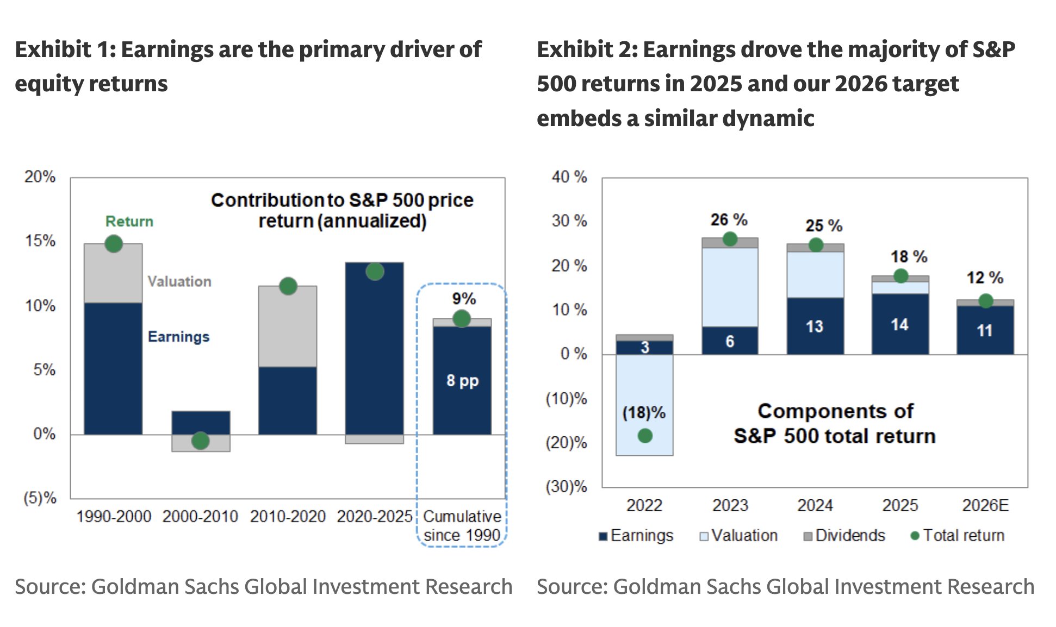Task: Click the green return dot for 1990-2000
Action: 113,243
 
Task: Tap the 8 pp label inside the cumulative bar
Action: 462,380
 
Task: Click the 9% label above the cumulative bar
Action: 464,298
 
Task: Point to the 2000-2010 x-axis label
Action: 200,516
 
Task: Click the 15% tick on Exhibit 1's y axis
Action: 40,241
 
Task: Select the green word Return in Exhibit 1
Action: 129,221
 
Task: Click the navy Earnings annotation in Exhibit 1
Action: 178,336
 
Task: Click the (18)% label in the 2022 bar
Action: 644,412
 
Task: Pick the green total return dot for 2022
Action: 645,435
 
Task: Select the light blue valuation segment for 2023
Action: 730,287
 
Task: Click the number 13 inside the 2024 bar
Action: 814,327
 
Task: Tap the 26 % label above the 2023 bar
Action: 729,220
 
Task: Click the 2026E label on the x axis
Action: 985,505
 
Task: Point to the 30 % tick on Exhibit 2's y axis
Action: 569,221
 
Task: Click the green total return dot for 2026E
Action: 985,300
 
